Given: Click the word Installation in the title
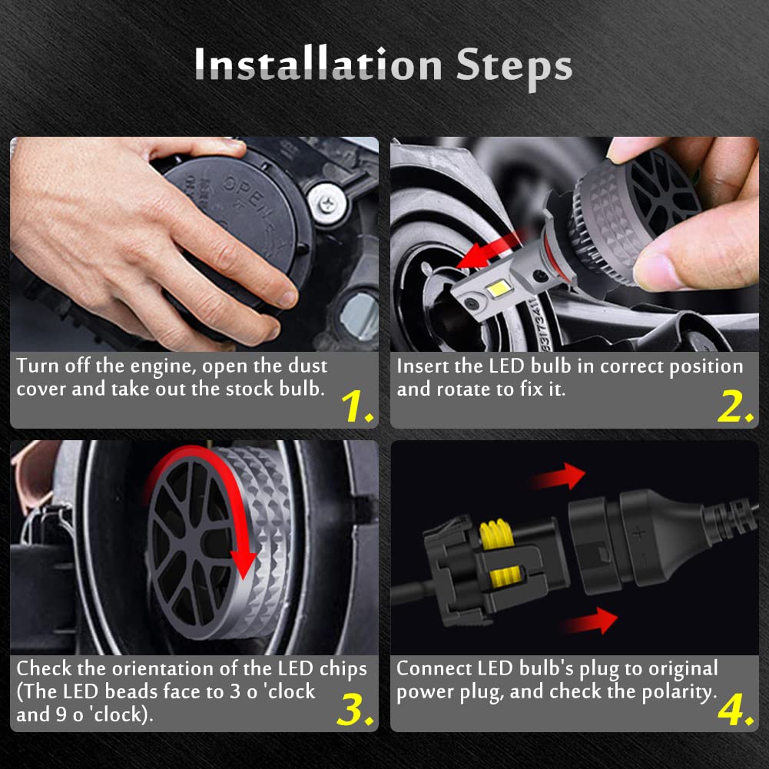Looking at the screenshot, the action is pyautogui.click(x=318, y=64).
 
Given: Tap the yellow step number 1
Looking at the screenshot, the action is pyautogui.click(x=356, y=406).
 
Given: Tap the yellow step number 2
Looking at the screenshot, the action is pyautogui.click(x=735, y=406).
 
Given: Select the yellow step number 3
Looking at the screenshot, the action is pyautogui.click(x=356, y=709).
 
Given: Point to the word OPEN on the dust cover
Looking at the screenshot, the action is pyautogui.click(x=245, y=191).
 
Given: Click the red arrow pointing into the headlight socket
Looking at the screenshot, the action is pyautogui.click(x=490, y=251).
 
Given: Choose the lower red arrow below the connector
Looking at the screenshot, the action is pyautogui.click(x=588, y=621).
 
